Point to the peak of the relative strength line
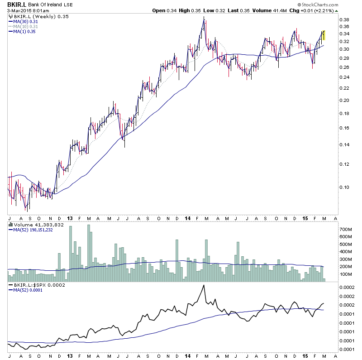(204, 285)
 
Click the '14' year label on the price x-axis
(187, 218)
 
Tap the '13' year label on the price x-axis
(69, 218)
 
